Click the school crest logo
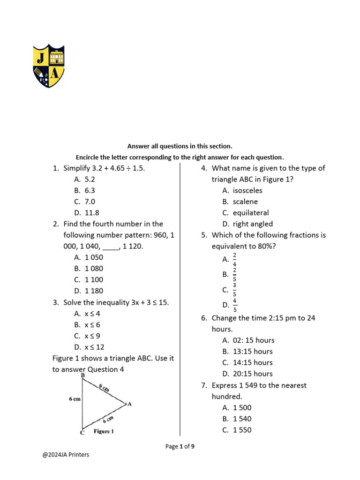coord(48,67)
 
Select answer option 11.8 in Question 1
coord(92,212)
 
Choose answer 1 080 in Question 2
coord(94,269)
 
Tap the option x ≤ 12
coord(94,347)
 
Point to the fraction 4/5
coord(234,305)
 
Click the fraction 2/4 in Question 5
coord(234,259)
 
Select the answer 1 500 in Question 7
coord(242,408)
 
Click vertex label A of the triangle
coord(129,404)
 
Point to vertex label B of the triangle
coord(83,376)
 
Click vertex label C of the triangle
coord(82,433)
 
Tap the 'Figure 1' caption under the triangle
coord(104,431)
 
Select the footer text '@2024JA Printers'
coord(66,454)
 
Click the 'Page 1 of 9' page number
coord(180,447)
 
